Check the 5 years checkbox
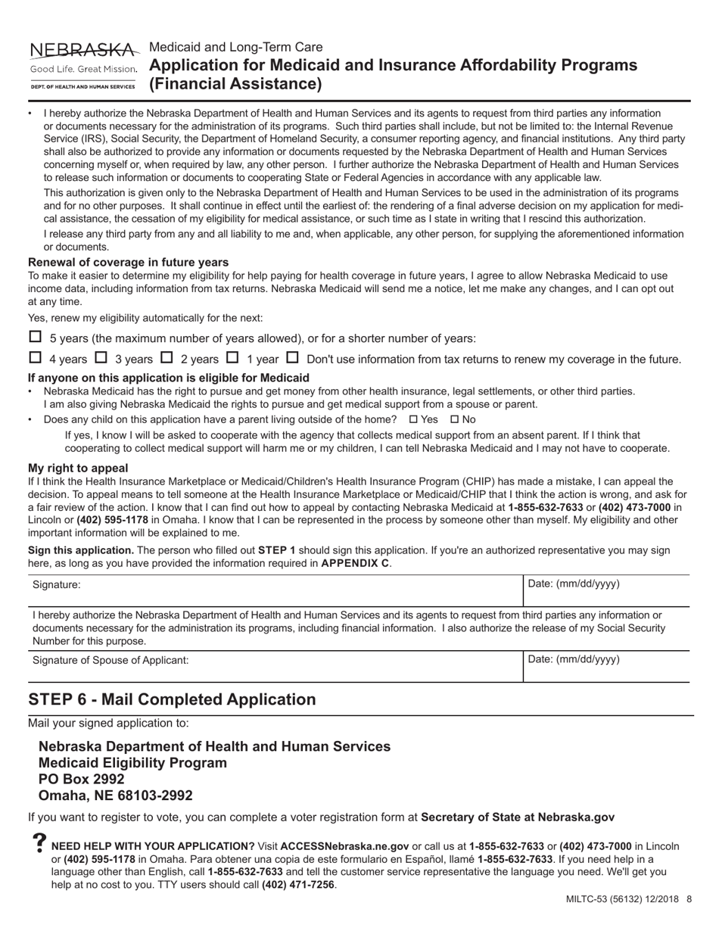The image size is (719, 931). [35, 337]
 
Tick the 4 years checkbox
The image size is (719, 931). [35, 357]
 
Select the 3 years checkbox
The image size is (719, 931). [101, 357]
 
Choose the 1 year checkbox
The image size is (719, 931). [233, 357]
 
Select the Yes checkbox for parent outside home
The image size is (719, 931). [413, 419]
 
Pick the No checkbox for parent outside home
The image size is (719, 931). [454, 419]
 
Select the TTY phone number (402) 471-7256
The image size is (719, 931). [298, 885]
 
